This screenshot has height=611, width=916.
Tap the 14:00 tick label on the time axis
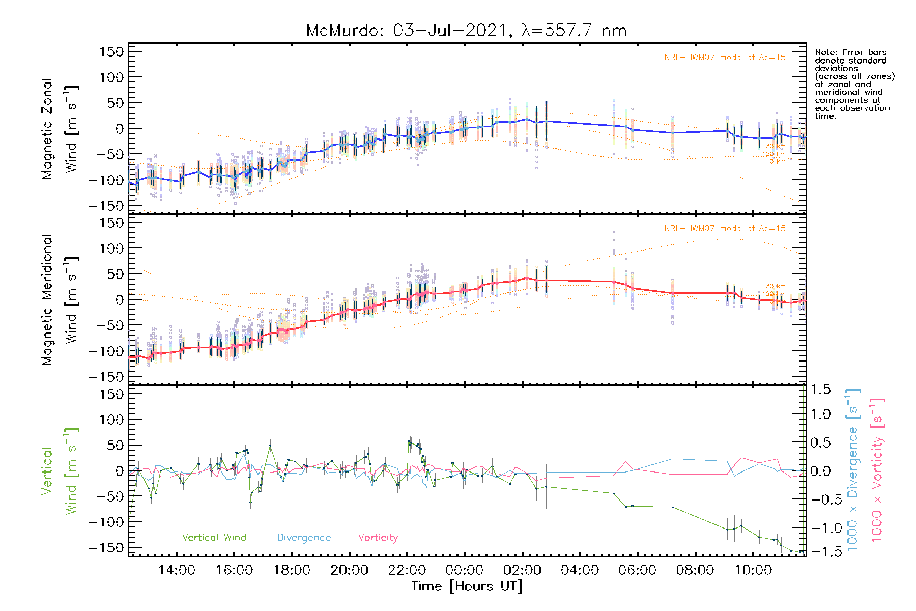point(177,570)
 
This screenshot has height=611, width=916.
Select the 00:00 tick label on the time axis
point(465,570)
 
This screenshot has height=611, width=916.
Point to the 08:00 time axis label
point(695,570)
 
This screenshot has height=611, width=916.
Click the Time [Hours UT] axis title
point(467,586)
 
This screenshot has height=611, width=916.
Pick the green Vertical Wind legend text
point(214,538)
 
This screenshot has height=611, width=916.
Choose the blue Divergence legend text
point(304,538)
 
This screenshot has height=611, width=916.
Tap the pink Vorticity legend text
point(378,538)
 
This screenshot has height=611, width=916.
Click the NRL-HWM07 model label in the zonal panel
point(725,58)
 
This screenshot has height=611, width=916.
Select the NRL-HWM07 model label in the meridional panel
point(725,229)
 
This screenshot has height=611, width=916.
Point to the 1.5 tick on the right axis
point(821,390)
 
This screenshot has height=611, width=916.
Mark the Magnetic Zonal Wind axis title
point(60,129)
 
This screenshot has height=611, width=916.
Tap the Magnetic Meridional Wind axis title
point(60,300)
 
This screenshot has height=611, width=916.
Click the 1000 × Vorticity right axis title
point(877,470)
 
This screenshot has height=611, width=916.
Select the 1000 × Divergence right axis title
point(853,470)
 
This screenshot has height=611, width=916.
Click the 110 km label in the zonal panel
point(774,162)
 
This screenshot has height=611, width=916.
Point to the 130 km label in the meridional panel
point(774,286)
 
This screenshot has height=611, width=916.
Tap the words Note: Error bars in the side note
point(850,52)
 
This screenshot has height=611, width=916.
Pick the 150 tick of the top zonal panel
point(112,52)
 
